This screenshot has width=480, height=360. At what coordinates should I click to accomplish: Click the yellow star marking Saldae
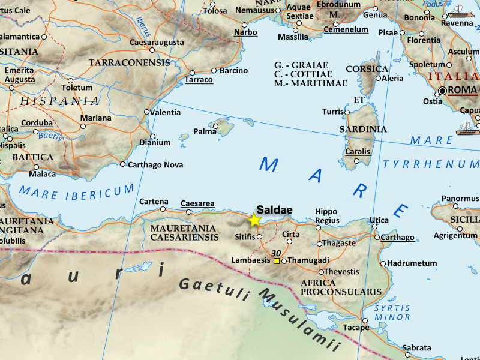pos(254,220)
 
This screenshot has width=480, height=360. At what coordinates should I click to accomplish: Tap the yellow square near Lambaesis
pos(277,261)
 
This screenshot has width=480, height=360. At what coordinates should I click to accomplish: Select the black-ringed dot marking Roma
pos(443,91)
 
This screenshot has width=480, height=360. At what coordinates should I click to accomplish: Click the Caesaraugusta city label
pos(158,43)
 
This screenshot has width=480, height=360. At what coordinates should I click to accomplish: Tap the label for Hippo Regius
pos(326,216)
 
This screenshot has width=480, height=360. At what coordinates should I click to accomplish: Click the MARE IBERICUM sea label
pos(77,191)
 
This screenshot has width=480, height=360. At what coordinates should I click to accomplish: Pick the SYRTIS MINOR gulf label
pos(392,313)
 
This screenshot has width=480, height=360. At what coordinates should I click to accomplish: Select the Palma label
pos(204,131)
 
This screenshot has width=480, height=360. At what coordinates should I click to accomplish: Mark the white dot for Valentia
pos(147,112)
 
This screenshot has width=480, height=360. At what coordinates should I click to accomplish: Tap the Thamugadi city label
pos(309,260)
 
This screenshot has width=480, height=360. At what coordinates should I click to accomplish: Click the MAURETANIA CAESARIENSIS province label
pos(184,233)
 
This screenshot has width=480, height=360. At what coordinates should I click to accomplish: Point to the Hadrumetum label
pos(412,263)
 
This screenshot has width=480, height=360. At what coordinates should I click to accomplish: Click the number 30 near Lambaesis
pos(277,253)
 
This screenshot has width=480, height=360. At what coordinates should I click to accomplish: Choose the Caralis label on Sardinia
pos(358,152)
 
